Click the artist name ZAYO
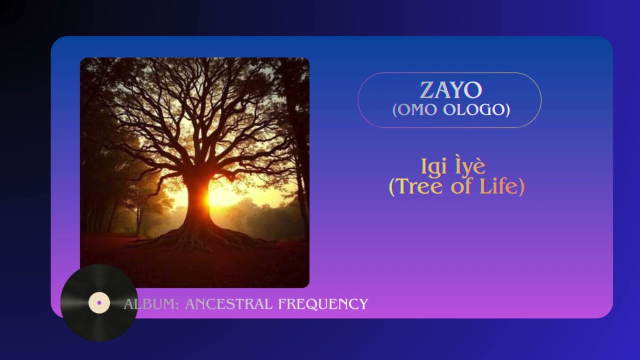point(450,90)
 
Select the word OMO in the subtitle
point(414,110)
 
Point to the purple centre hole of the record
point(99,302)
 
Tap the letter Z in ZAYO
point(426,90)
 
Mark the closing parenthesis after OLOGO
point(507,110)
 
